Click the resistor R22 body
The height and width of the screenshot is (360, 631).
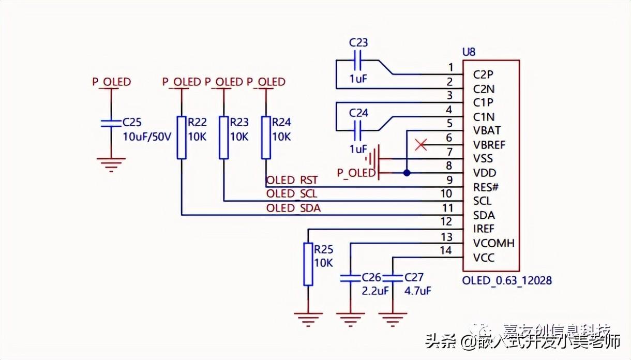pos(181,137)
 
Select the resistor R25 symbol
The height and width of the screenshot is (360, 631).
pos(308,264)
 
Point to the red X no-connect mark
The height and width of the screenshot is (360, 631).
pos(422,145)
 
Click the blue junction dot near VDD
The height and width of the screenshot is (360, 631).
pos(407,173)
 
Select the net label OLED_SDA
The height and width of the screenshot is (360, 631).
pos(293,208)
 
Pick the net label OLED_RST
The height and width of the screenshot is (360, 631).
pos(292,180)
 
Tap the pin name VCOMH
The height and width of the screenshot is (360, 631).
pos(493,243)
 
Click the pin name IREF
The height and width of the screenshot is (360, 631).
pos(484,229)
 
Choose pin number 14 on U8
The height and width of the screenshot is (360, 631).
pos(446,251)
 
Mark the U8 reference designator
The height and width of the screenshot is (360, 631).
pos(469,52)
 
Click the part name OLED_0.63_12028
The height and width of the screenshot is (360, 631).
pos(507,280)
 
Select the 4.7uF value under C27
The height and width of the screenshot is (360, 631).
pos(417,291)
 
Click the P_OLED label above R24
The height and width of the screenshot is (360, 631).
pos(266,82)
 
